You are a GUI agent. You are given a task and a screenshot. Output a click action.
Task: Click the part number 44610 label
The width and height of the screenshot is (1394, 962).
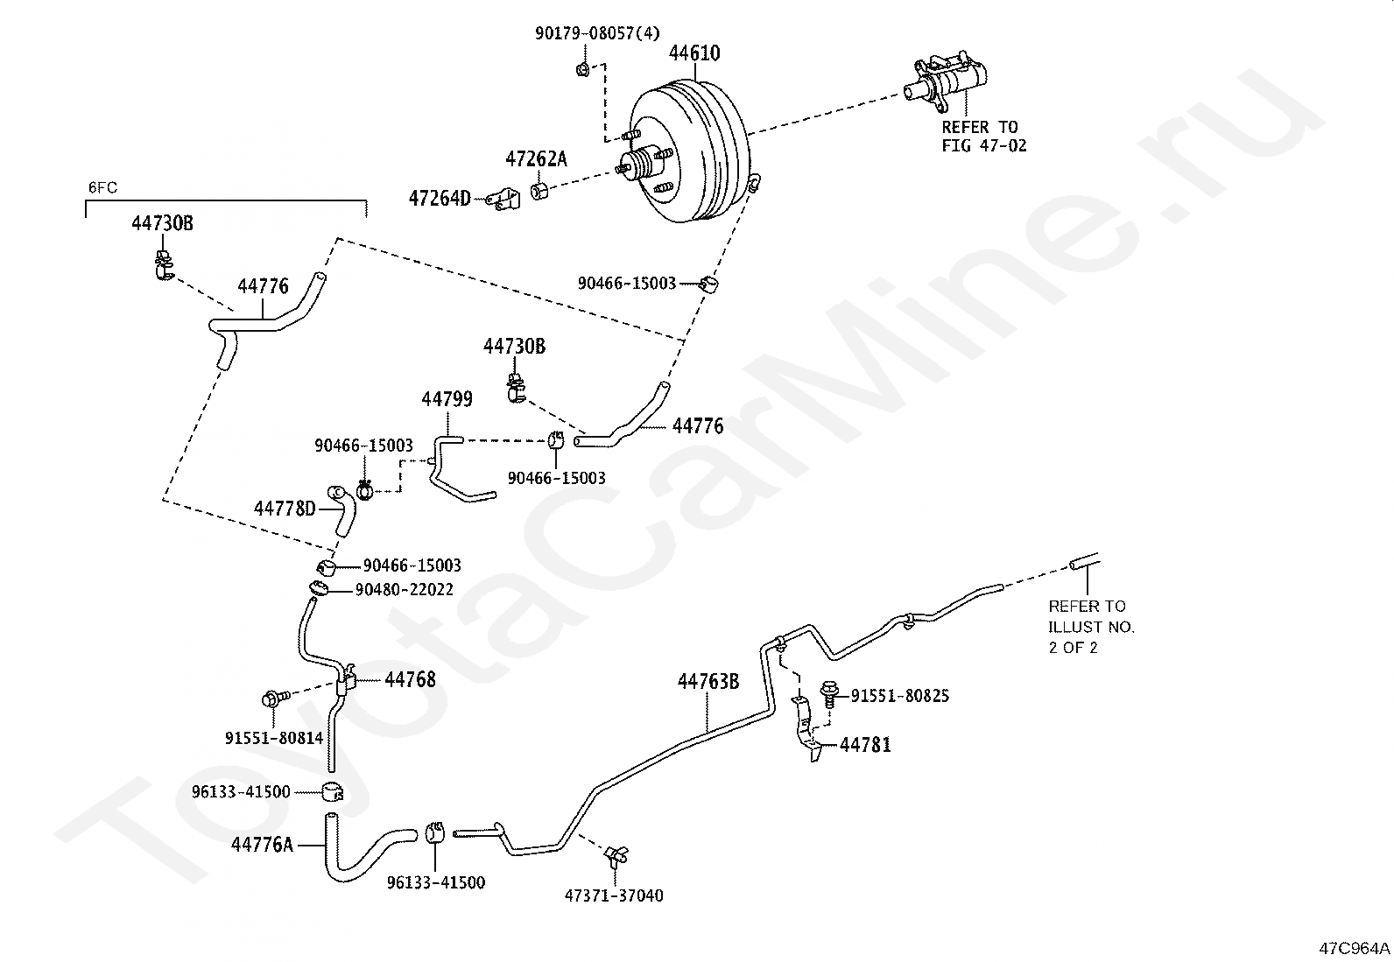tap(693, 53)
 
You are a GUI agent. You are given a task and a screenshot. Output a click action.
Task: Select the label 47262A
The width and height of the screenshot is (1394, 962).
tap(536, 159)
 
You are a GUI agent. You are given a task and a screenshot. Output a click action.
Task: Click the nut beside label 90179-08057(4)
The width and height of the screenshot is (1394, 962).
tap(582, 67)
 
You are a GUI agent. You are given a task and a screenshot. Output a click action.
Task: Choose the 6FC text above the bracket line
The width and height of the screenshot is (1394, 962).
tap(102, 187)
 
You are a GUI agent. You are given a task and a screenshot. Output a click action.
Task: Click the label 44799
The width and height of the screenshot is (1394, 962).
tap(447, 399)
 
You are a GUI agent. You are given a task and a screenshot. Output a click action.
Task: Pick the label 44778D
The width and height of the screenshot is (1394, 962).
tap(285, 509)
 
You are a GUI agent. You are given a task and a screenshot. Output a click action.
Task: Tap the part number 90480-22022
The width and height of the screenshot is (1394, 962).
tap(404, 589)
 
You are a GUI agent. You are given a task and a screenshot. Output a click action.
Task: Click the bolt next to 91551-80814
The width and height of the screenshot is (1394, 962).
tap(275, 698)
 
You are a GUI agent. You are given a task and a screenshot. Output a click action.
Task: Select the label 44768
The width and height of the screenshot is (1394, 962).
tap(410, 679)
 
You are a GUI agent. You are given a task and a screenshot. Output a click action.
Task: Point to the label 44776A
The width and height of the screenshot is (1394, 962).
tap(261, 845)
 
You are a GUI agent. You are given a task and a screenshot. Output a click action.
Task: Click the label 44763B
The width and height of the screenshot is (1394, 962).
tap(708, 682)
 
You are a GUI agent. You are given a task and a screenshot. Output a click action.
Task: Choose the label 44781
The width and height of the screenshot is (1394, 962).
tap(865, 744)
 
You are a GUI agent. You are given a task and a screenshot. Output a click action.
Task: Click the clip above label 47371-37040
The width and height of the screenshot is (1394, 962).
tap(616, 856)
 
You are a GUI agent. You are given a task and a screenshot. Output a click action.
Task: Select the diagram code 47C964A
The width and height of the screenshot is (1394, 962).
tap(1355, 948)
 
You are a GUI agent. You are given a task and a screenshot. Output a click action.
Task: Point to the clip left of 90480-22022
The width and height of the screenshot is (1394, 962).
tap(319, 587)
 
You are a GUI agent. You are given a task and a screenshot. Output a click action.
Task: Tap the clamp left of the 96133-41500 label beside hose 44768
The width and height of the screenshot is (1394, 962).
tap(333, 792)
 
